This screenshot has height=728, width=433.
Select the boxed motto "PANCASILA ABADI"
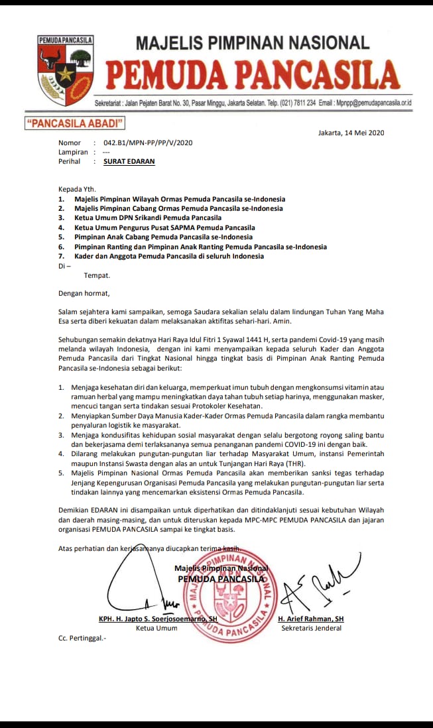(74, 123)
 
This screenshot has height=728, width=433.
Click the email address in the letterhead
(365, 103)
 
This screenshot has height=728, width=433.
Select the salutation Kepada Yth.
(76, 189)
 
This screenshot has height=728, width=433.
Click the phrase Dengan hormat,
(84, 293)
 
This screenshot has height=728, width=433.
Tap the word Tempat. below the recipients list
(97, 274)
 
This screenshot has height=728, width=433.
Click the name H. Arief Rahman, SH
(311, 619)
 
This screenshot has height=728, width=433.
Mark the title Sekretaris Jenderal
(311, 628)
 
